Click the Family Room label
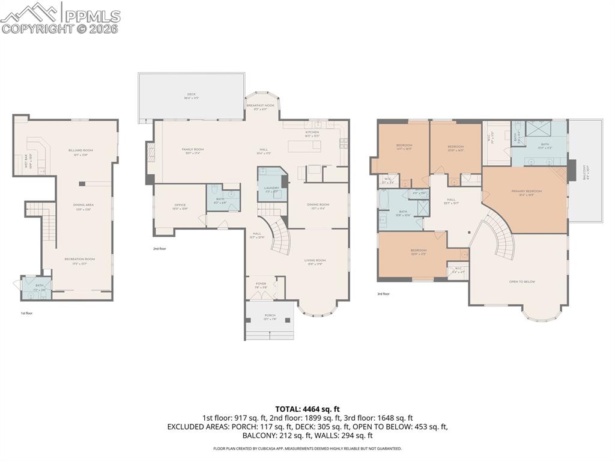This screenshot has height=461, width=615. pos(193,150)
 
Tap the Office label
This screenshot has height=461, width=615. pos(180,207)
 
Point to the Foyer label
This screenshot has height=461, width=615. pos(261,285)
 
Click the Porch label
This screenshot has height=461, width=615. pos(270,317)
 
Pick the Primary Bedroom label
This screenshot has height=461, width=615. pos(526,192)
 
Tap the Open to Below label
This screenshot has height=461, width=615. pos(522,281)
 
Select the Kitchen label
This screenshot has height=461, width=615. pos(312,133)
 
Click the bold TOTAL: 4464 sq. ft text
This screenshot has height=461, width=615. pos(307,409)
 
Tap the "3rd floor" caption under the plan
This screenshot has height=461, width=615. pos(383,294)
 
